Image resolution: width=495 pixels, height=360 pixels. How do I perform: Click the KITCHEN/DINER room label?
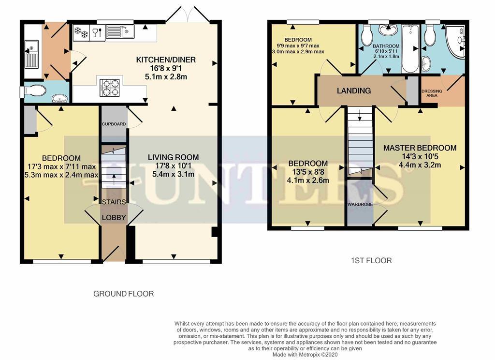point(166,60)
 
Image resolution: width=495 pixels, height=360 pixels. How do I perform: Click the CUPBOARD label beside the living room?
point(114,124)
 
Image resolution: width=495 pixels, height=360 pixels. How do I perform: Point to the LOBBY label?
point(114,218)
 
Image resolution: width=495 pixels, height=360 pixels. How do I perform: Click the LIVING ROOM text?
point(173,157)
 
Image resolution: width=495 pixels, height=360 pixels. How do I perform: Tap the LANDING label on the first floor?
point(354,90)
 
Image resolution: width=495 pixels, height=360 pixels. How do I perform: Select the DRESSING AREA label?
point(432,93)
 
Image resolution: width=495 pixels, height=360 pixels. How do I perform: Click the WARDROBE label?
point(359,204)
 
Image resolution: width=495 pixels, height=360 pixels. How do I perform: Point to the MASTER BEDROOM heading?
point(420,148)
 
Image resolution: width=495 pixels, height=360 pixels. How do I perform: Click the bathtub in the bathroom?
point(410,48)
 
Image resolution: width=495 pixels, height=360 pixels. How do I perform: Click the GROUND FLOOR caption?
point(123,294)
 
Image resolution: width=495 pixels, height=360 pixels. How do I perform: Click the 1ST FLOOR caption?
point(371,260)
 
